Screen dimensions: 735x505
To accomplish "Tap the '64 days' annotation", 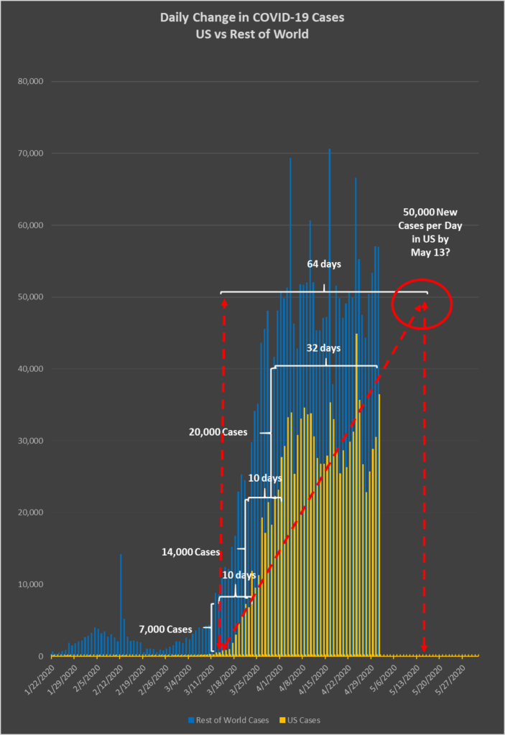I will [x=324, y=264].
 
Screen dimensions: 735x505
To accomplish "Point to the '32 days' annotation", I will [x=324, y=348].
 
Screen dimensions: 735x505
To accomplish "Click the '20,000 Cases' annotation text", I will [x=217, y=433].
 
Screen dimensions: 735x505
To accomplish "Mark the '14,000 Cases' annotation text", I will [x=189, y=552].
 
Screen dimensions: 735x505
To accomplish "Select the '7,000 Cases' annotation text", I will [x=166, y=629].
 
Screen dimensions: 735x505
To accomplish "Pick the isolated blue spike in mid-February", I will [x=121, y=603].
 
